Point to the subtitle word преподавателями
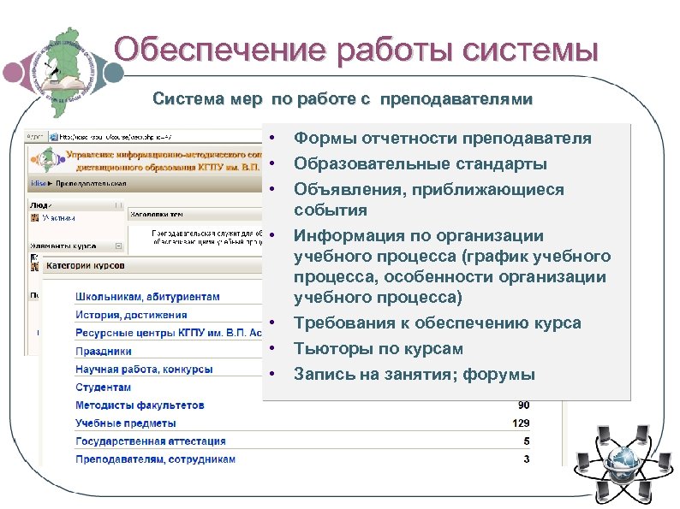[456, 100]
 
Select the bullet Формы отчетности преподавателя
[442, 139]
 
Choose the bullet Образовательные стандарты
[420, 163]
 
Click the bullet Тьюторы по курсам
[378, 348]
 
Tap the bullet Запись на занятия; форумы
[414, 374]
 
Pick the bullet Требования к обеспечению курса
[437, 323]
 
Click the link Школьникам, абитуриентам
[147, 297]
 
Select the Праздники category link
[104, 351]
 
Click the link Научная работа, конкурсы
[144, 370]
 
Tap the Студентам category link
[104, 388]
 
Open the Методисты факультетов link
[140, 405]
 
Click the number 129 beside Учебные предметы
[520, 423]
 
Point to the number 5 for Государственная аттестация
[526, 441]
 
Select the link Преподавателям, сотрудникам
[155, 459]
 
